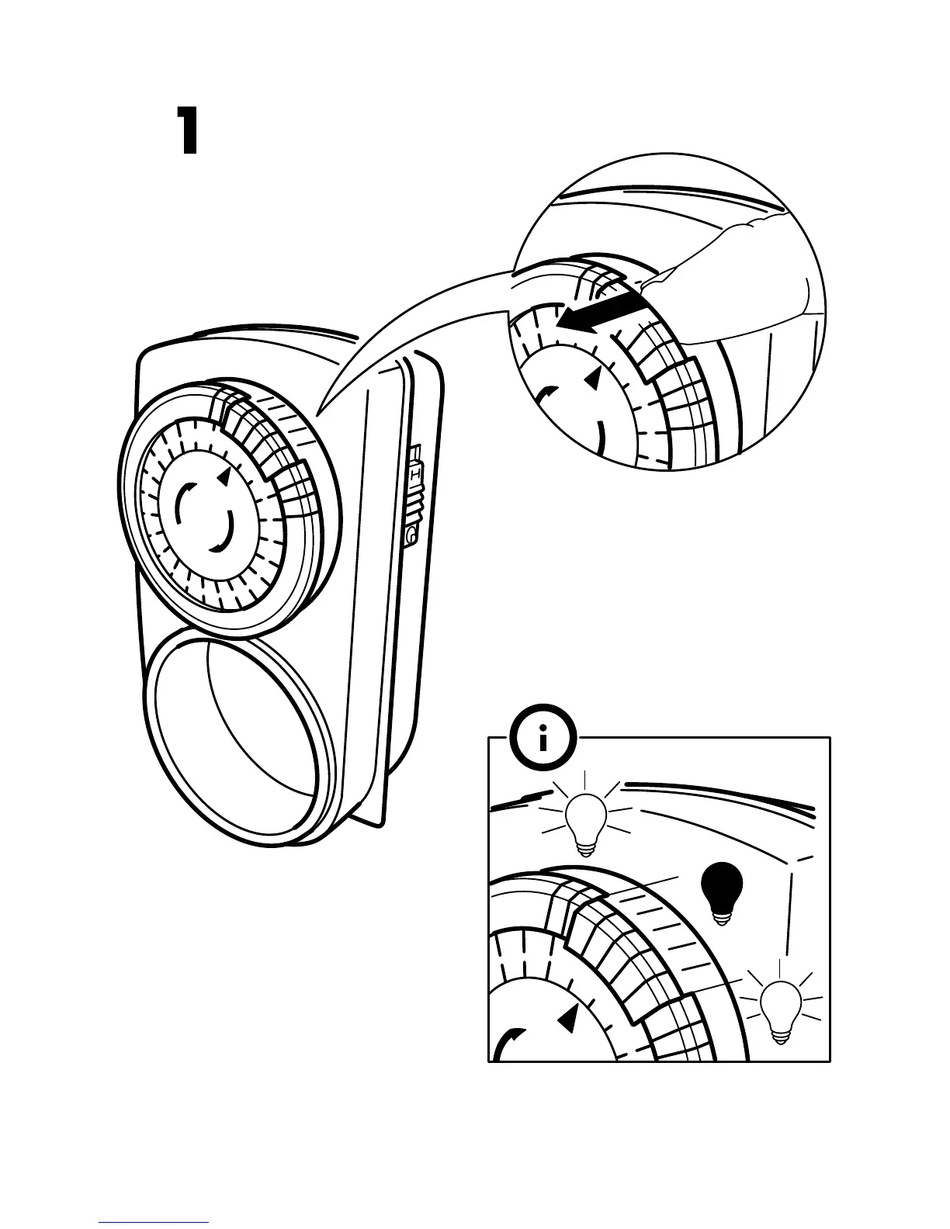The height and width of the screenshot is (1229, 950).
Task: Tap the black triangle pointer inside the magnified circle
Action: pyautogui.click(x=593, y=378)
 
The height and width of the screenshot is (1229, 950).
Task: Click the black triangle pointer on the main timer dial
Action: pyautogui.click(x=224, y=478)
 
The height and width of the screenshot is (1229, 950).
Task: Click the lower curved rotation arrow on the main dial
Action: pyautogui.click(x=223, y=534)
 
